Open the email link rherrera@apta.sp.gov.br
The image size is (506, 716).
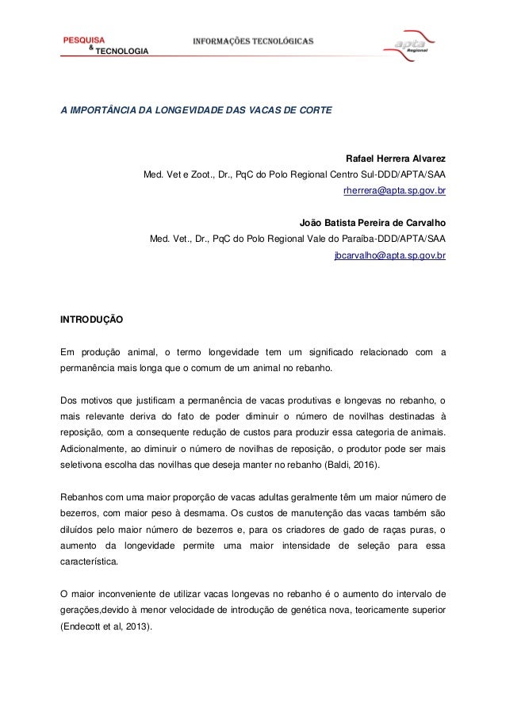pyautogui.click(x=394, y=190)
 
